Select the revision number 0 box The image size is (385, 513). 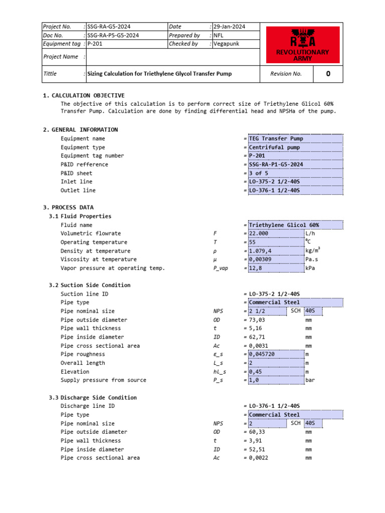328,74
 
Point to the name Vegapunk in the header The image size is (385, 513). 226,44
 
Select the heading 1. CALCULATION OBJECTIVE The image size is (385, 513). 84,95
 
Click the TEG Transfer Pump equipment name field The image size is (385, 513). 276,138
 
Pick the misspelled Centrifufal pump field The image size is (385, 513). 274,147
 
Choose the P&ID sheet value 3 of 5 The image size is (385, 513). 259,173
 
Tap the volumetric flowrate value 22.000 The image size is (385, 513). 259,233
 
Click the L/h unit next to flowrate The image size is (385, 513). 310,233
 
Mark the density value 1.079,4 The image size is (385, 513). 260,251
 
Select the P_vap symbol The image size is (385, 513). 221,269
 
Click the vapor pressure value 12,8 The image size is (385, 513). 255,269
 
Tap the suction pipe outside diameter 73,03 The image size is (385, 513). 258,320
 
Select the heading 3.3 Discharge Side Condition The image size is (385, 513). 93,397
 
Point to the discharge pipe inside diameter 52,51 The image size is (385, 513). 258,449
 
